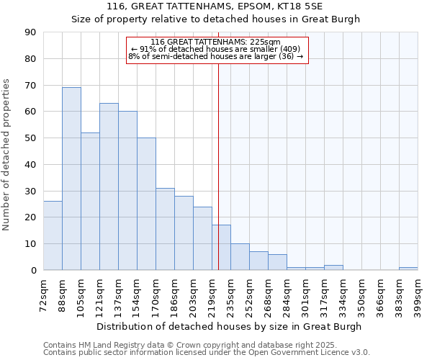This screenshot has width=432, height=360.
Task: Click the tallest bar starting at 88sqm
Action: [x=71, y=179]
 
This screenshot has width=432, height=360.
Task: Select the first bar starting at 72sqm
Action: [x=53, y=235]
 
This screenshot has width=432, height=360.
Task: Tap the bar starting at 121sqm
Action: [x=109, y=186]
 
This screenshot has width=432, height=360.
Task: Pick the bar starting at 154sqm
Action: [x=146, y=204]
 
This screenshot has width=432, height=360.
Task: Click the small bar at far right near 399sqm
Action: [x=408, y=269]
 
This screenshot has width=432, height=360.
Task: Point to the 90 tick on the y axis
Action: [x=30, y=32]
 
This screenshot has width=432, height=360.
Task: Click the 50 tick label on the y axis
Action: [x=30, y=138]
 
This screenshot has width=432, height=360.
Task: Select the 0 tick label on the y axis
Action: [x=33, y=271]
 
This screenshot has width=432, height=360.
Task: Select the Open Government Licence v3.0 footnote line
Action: [x=206, y=353]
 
